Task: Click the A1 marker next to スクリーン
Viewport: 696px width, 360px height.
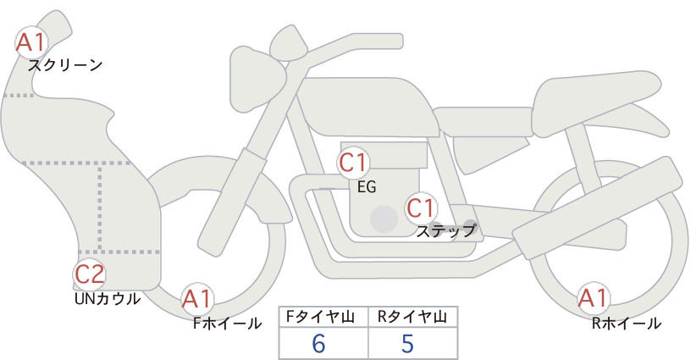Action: [30, 42]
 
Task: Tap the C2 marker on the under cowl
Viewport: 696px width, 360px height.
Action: [89, 274]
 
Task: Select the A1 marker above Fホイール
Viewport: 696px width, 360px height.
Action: [196, 298]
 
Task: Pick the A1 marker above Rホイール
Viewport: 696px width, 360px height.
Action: [593, 297]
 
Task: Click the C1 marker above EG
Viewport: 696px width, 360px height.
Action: [353, 163]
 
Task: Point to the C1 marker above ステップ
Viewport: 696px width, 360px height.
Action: [421, 208]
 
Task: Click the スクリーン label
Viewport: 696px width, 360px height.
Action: [65, 66]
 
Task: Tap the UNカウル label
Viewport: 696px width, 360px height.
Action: [108, 299]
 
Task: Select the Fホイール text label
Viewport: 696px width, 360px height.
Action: [227, 324]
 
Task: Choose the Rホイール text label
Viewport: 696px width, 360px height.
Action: [627, 324]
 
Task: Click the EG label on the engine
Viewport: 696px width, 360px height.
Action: [367, 187]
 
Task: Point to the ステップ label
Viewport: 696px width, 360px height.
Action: [445, 231]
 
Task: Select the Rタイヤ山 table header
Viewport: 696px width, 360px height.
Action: [412, 317]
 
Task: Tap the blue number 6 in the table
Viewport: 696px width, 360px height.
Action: [318, 343]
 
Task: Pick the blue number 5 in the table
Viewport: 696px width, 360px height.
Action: [407, 343]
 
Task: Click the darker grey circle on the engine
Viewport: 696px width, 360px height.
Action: [384, 219]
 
